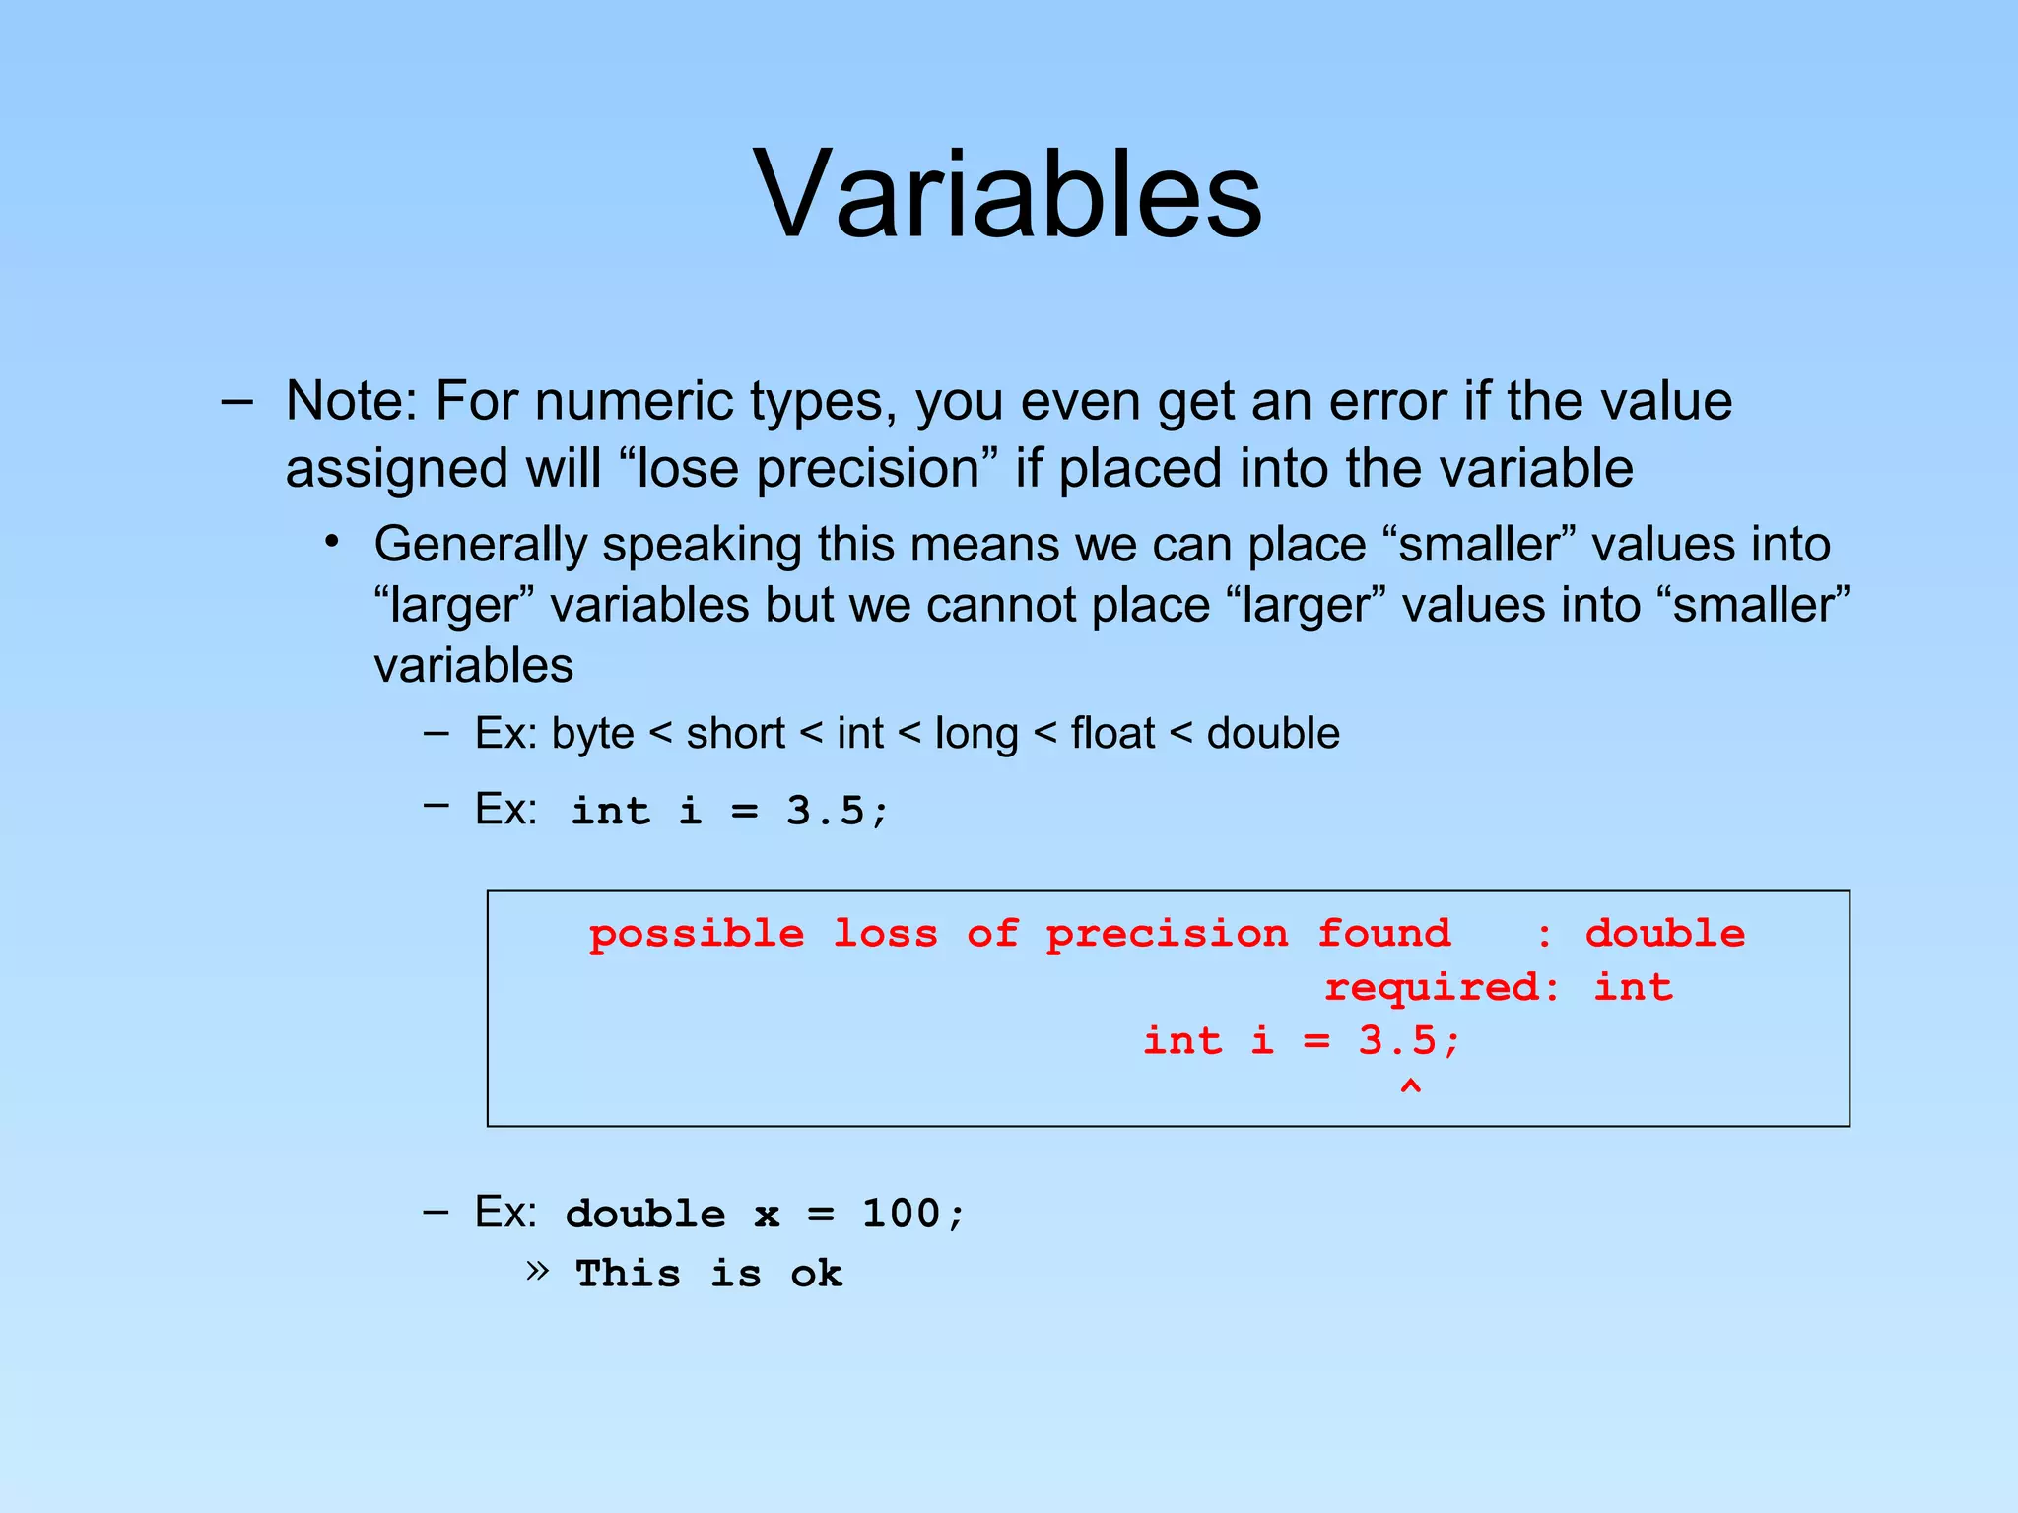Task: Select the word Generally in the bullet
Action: (480, 546)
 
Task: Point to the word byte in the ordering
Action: (592, 735)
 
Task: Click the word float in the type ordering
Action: (1112, 734)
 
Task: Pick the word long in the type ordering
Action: (975, 735)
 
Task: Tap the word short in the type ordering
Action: (735, 734)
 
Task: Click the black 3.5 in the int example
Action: (826, 812)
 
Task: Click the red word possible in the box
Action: (697, 934)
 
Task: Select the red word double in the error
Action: (1664, 934)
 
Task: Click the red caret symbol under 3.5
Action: (1410, 1087)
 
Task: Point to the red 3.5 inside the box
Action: (1397, 1041)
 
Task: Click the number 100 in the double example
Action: (901, 1214)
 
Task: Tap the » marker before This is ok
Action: (537, 1271)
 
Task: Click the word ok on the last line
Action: (816, 1275)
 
